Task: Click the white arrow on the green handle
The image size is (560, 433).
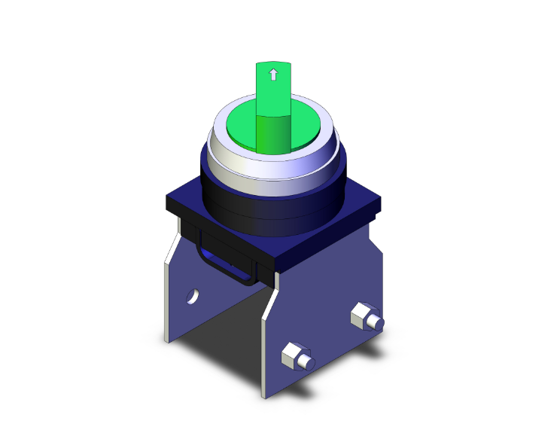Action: coord(272,75)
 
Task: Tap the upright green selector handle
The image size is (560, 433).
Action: coord(272,105)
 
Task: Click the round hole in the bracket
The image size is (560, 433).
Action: coord(193,297)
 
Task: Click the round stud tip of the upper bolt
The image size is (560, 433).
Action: coord(379,325)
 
